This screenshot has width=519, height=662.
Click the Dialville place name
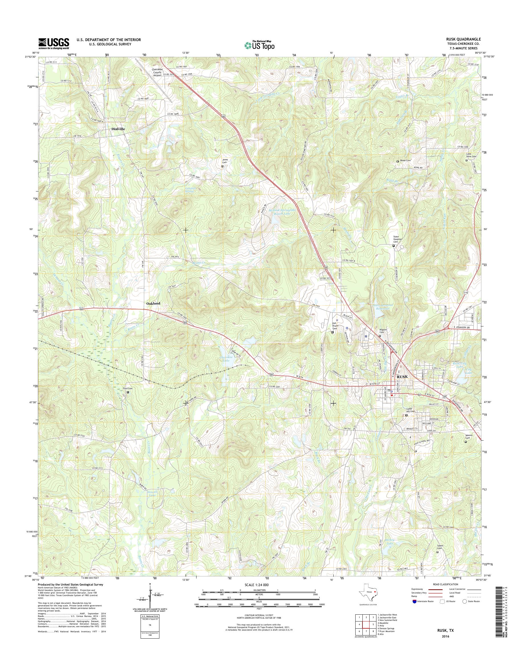point(118,129)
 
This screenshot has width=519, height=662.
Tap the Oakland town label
point(153,304)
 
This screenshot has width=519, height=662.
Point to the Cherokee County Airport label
point(157,72)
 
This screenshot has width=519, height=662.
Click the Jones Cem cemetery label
point(225,161)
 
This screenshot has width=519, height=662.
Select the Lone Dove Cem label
point(471,155)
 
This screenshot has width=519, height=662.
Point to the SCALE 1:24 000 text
point(256,585)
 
